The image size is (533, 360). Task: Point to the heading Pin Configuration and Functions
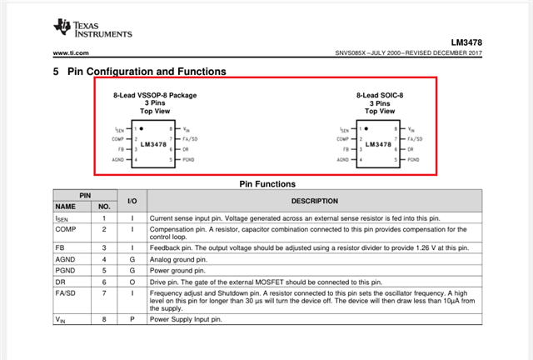pos(147,72)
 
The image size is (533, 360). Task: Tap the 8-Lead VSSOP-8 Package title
pos(155,96)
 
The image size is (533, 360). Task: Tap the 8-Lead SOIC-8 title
pos(379,96)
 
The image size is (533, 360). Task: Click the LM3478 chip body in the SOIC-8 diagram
pos(378,143)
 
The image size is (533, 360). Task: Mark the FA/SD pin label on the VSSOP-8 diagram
pos(190,139)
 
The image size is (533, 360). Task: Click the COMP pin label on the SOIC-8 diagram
pos(342,139)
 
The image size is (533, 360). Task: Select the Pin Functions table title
pos(266,183)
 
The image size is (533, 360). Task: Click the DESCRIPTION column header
pos(314,200)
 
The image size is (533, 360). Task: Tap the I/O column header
pos(132,200)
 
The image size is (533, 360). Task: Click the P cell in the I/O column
pos(132,318)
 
